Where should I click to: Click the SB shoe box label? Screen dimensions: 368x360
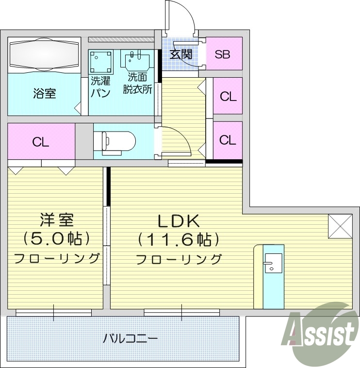223,54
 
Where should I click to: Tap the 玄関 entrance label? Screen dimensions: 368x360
180,53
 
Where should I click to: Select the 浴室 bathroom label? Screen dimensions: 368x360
44,93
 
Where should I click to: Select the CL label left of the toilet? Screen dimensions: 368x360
41,142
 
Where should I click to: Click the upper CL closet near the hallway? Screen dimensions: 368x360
228,96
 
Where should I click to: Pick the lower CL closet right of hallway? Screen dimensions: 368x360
228,140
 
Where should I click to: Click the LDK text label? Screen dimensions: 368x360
178,221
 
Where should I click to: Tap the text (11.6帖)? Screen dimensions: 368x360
178,239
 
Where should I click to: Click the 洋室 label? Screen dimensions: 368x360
56,220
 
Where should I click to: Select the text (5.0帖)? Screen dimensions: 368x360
56,238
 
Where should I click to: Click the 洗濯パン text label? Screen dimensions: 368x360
100,86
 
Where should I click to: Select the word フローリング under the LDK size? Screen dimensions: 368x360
179,259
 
